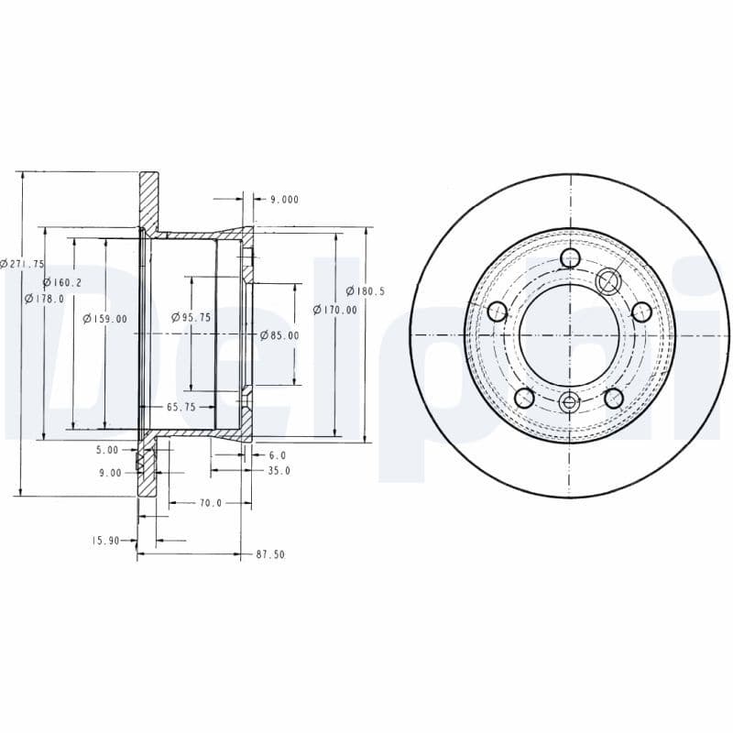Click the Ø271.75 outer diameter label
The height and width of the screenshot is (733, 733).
(x=22, y=264)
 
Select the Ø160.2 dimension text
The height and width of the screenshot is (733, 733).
(x=62, y=283)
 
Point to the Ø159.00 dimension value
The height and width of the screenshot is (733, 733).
(x=104, y=319)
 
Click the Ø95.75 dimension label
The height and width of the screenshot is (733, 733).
(x=191, y=317)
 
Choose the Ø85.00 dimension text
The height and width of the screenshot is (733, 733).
(x=279, y=335)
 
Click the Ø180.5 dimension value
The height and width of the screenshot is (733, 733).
(x=366, y=291)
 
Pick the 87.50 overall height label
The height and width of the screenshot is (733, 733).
(x=272, y=554)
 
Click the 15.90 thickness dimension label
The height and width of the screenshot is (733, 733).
(x=105, y=541)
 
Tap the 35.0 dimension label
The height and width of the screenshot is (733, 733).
(x=278, y=471)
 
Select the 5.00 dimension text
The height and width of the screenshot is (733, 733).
(x=107, y=450)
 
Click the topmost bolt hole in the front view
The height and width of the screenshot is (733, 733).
(x=570, y=258)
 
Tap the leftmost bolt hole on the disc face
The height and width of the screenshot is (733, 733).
(x=498, y=312)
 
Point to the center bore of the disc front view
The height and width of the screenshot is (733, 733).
(x=570, y=334)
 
